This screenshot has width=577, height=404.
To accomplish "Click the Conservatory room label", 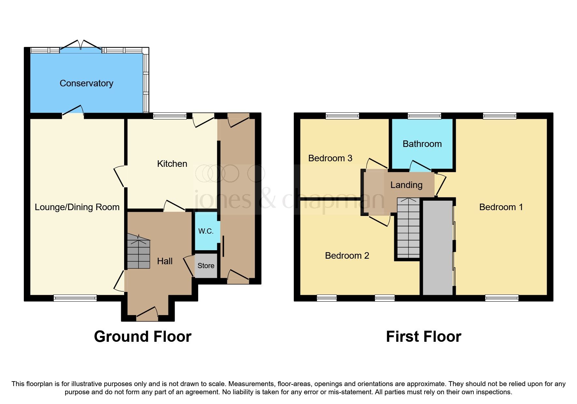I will (x=86, y=83).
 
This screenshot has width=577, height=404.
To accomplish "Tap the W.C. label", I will (x=206, y=231).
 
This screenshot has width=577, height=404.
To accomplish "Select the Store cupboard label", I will (x=206, y=266).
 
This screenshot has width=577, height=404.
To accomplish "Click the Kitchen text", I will (x=172, y=164).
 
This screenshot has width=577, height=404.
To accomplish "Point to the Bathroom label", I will (x=422, y=144).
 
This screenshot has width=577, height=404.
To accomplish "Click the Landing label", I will (x=406, y=185).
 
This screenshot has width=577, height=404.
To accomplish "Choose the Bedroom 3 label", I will (x=330, y=158).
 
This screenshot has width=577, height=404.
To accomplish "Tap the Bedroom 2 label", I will (x=347, y=256).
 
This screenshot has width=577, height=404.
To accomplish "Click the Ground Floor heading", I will (x=143, y=337).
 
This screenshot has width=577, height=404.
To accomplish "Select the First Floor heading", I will (x=424, y=337).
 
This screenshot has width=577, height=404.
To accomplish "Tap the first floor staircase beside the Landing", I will (x=408, y=228).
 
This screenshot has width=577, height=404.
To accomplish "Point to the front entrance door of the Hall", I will (x=147, y=313).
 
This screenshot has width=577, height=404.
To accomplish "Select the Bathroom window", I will (x=424, y=116).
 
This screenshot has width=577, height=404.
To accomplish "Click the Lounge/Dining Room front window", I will (x=75, y=298).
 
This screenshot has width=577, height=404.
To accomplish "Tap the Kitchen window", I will (x=170, y=116).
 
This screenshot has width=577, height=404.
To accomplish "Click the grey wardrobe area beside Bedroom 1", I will (x=438, y=248).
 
